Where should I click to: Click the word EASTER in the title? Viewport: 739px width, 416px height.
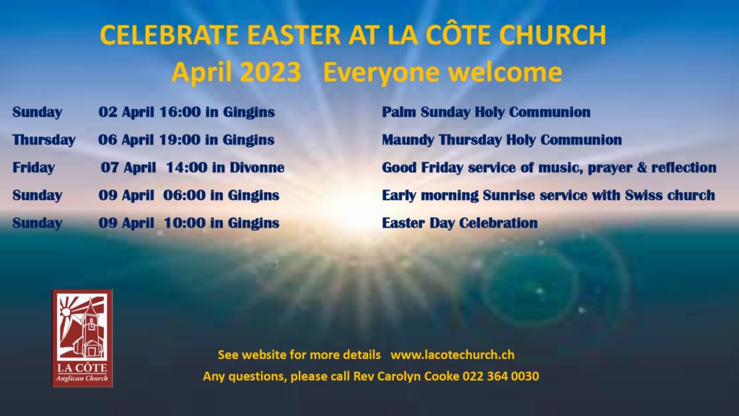[x=294, y=35]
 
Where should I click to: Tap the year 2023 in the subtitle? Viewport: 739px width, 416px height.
[x=271, y=72]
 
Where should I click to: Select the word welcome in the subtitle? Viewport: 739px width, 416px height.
[x=504, y=72]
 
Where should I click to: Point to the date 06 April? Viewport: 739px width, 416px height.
[x=126, y=140]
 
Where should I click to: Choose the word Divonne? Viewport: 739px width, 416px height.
[x=257, y=168]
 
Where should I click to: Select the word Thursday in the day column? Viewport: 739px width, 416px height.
[x=44, y=140]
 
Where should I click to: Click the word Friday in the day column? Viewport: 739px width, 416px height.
[x=33, y=168]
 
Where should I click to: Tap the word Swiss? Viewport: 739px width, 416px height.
[x=644, y=195]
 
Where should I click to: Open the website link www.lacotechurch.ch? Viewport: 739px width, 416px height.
[x=452, y=355]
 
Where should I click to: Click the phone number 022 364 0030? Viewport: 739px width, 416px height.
[x=501, y=376]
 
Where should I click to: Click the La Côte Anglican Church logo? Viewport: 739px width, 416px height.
[x=82, y=338]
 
